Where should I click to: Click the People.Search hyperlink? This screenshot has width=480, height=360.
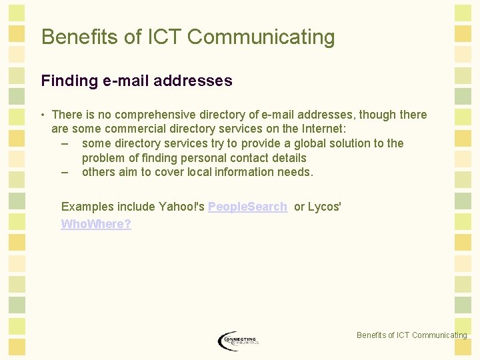[x=247, y=207]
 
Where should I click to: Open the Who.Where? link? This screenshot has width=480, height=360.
[x=96, y=224]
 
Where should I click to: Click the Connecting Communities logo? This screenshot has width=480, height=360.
[x=238, y=341]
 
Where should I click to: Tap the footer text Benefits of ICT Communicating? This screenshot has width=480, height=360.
[x=411, y=335]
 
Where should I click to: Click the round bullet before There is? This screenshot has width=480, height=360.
[x=43, y=115]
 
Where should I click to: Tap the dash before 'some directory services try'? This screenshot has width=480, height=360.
[x=65, y=144]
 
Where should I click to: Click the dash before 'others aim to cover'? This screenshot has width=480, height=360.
[x=65, y=172]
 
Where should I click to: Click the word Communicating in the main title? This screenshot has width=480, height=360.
[x=261, y=37]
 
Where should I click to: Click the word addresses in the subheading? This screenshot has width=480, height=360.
[x=193, y=81]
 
